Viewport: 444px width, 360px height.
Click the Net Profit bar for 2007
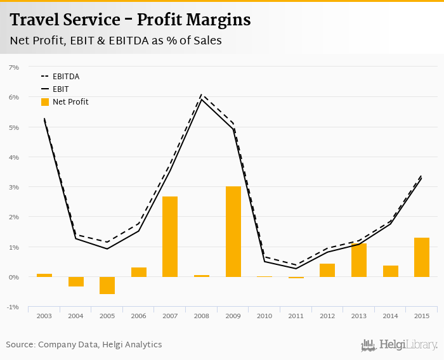pos(170,236)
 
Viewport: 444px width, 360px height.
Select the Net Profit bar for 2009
pos(233,231)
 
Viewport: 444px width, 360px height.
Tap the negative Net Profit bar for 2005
pos(107,285)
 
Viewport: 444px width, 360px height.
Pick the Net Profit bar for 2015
pos(422,257)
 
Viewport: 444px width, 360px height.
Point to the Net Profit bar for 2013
pos(359,260)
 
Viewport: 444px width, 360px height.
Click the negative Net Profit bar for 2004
pos(75,281)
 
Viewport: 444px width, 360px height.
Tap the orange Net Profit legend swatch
pos(45,101)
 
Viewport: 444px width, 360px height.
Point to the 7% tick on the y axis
pos(14,67)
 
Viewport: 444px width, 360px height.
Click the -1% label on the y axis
pos(13,307)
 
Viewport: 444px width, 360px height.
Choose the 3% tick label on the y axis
pos(14,188)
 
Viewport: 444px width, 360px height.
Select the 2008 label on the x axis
pos(202,316)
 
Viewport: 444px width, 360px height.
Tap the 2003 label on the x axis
pos(44,316)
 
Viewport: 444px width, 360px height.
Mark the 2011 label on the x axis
pos(296,316)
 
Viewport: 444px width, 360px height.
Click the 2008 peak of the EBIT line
pos(202,100)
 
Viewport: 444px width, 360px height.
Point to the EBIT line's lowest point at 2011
pos(296,269)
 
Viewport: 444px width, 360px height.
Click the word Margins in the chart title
pos(218,20)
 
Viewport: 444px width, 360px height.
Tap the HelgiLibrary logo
pos(400,345)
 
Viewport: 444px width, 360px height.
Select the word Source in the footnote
pos(20,345)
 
